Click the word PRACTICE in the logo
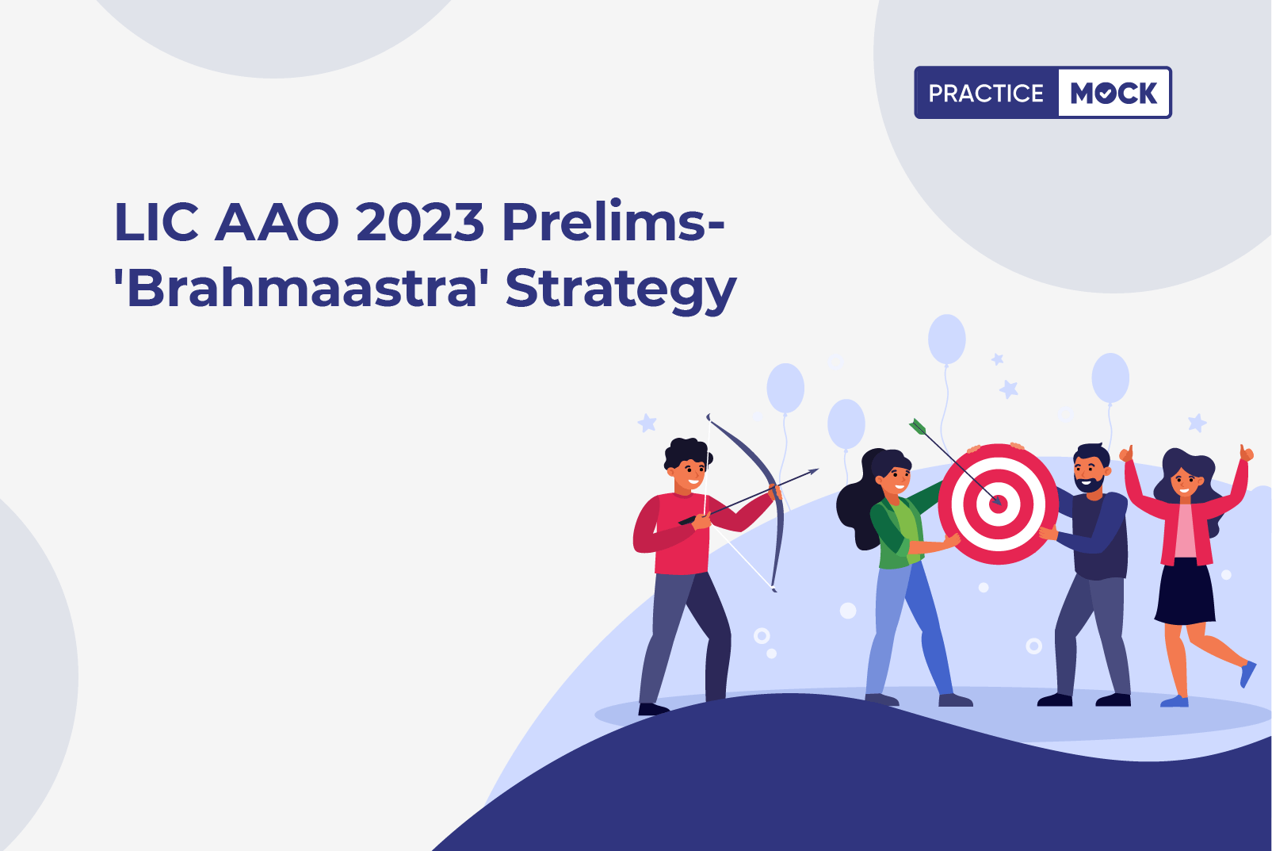tap(986, 93)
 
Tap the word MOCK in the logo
tap(1113, 93)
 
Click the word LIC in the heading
tap(156, 222)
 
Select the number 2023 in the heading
tap(420, 222)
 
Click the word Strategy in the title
tap(621, 290)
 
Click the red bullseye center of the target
tap(998, 504)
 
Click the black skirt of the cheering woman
tap(1185, 591)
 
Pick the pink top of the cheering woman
tap(1185, 531)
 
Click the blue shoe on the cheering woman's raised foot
tap(1247, 674)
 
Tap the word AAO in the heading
tap(277, 222)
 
